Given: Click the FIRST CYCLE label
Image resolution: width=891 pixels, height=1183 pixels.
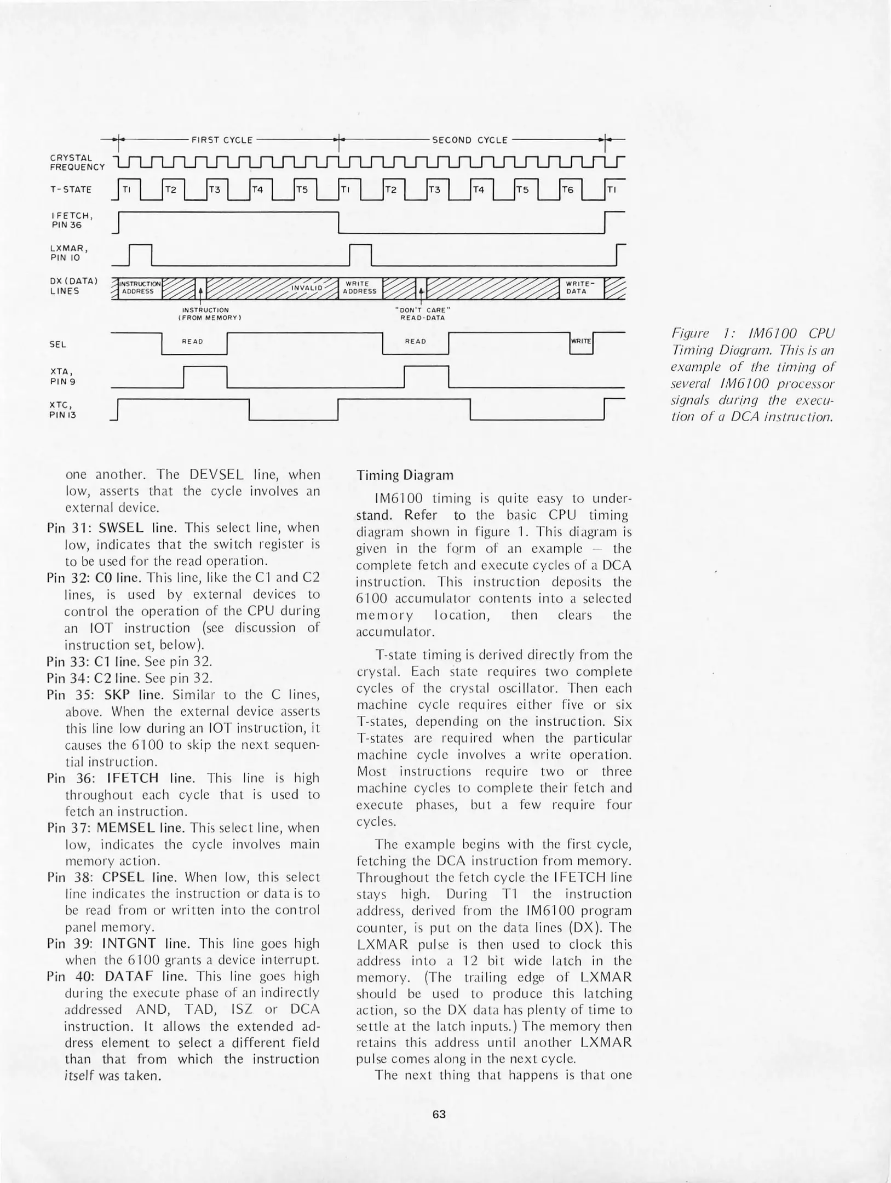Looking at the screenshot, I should tap(222, 140).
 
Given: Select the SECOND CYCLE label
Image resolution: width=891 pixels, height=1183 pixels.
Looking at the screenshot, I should tap(470, 140).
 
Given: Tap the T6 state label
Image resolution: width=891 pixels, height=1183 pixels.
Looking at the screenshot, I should tap(568, 189).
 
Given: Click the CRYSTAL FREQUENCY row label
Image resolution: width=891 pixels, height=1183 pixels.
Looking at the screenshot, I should tap(77, 162).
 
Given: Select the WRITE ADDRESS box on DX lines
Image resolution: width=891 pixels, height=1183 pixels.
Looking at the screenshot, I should tap(360, 288).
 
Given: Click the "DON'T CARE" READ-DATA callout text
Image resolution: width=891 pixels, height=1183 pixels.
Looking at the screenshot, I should tap(422, 314).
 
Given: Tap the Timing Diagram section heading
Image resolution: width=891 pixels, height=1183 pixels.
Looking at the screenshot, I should tap(398, 474).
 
